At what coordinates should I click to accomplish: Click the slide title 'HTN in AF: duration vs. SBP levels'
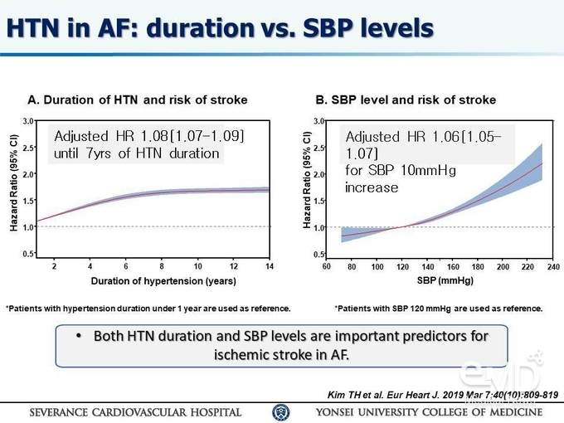click(220, 28)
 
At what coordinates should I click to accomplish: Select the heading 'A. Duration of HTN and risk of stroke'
click(138, 100)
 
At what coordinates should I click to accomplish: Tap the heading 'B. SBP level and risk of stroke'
click(406, 100)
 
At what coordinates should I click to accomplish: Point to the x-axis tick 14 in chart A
click(270, 266)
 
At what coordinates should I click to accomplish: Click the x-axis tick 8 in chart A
click(162, 266)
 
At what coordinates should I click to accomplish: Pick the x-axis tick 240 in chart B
click(553, 266)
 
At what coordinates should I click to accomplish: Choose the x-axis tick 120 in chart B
click(402, 266)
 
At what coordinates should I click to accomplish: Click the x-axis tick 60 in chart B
click(327, 266)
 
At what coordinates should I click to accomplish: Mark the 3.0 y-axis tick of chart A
click(28, 121)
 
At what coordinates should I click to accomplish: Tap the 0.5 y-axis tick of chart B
click(318, 255)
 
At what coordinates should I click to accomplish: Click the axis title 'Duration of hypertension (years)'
click(163, 281)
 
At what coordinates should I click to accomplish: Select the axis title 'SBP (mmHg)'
click(445, 280)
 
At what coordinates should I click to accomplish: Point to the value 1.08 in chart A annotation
click(154, 136)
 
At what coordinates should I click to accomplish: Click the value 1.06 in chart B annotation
click(445, 137)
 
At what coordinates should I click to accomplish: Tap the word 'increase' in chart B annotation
click(372, 187)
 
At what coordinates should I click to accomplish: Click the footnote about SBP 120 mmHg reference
click(439, 309)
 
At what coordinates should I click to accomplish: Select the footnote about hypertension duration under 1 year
click(148, 309)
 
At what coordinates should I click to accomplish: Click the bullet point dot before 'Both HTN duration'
click(79, 336)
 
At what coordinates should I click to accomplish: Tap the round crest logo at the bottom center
click(280, 412)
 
